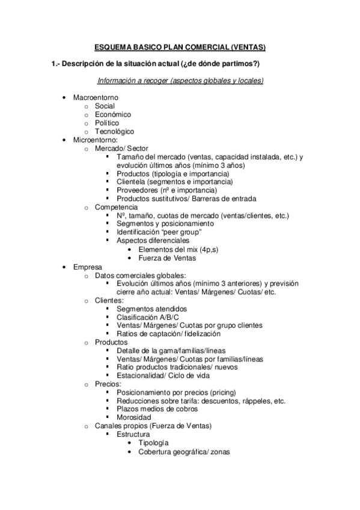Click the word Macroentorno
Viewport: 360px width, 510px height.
(x=96, y=97)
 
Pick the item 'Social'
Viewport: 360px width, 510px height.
(x=105, y=106)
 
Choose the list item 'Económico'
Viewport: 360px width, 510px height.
(x=113, y=114)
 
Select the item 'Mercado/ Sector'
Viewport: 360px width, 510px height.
(x=121, y=148)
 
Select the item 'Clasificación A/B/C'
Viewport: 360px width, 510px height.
(x=147, y=316)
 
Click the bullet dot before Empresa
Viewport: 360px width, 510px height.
(x=64, y=266)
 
